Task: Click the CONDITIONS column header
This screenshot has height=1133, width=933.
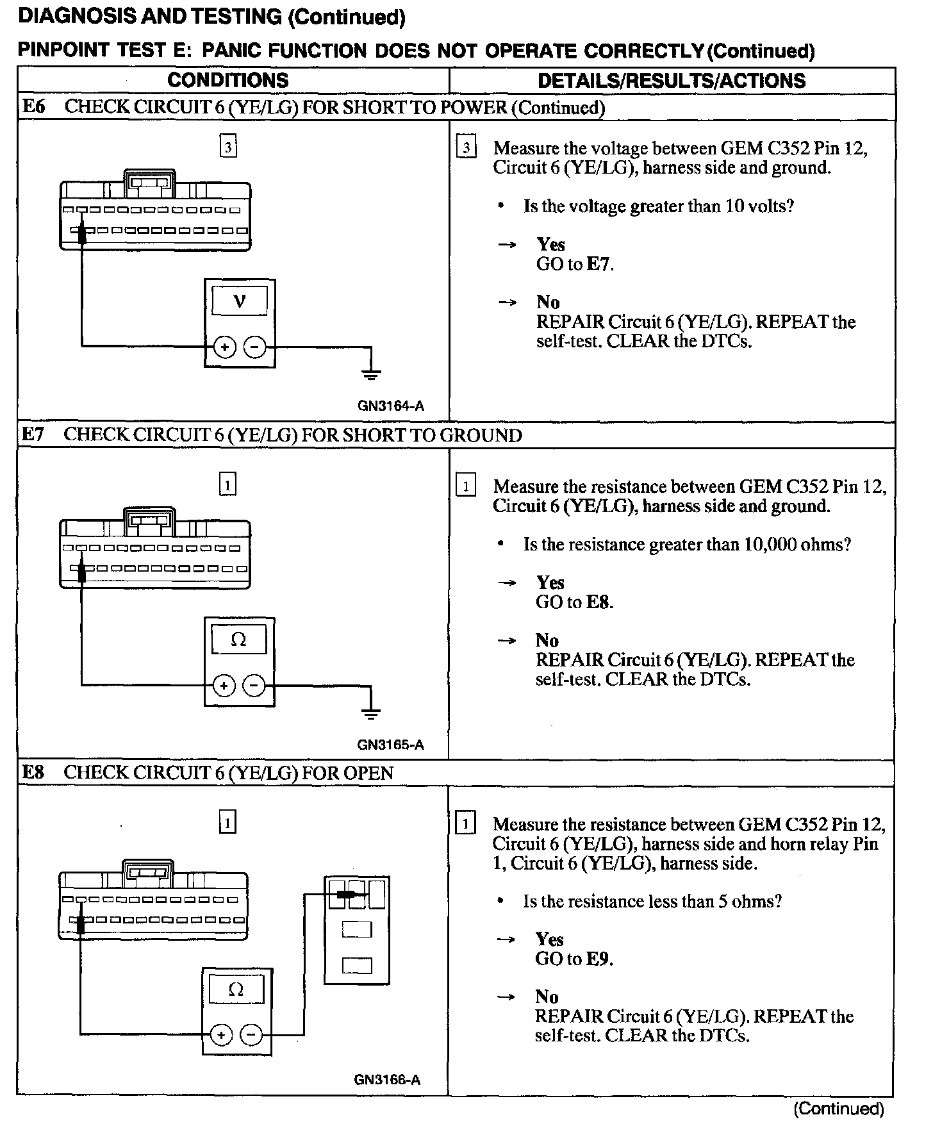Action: pos(227,80)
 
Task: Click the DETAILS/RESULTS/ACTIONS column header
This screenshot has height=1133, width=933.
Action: pos(672,81)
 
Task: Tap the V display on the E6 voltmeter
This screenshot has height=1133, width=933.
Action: pos(240,301)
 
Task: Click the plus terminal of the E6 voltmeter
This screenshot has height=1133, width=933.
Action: pos(224,348)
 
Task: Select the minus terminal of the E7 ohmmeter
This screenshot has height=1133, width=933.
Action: pos(254,686)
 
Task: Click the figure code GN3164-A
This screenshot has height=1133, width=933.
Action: pos(391,406)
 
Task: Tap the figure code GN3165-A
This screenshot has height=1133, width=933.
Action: pos(390,745)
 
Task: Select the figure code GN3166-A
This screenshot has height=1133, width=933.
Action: pos(387,1080)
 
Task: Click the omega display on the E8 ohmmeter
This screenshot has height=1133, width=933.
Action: pos(236,989)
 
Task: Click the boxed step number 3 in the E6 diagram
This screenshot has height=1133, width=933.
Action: pos(228,147)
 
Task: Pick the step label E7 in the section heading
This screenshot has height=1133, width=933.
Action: pos(33,434)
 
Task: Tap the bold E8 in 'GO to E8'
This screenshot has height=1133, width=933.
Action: pos(599,602)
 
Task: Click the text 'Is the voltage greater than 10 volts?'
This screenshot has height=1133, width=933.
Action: pos(658,206)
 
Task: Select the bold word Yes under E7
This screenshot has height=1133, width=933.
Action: pos(550,583)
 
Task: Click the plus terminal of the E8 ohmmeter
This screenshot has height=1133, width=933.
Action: pos(221,1035)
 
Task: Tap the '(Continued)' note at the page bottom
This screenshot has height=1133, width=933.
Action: pos(838,1109)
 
